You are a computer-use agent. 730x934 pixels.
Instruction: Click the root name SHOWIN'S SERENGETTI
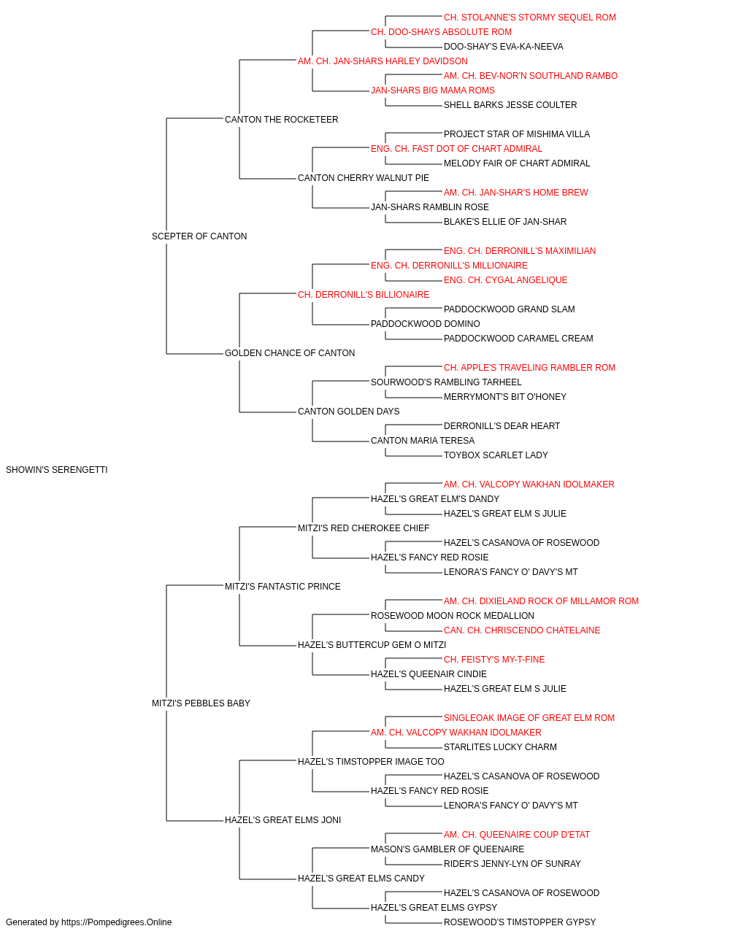57,470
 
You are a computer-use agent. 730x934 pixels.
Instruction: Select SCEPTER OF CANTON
199,236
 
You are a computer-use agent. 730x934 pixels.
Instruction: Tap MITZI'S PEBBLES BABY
201,703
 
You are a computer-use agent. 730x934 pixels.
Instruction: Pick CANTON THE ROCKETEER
281,120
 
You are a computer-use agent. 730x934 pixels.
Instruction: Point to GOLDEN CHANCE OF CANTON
290,353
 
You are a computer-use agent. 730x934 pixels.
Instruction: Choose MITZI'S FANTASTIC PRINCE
283,586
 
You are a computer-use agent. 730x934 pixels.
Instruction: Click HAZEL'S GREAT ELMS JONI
283,819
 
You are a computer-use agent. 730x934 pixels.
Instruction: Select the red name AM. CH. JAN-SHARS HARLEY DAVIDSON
383,61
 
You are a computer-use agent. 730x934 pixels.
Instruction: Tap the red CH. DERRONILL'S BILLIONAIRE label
364,294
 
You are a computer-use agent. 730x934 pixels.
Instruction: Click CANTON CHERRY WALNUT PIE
364,178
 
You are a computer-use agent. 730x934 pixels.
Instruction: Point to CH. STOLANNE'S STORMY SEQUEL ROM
530,18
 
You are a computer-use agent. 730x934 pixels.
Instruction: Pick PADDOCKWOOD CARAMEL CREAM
518,339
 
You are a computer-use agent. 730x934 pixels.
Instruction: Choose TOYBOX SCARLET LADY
496,455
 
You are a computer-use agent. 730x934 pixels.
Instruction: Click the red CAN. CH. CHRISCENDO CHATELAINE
522,630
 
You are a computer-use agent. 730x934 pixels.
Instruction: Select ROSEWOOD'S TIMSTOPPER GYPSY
520,922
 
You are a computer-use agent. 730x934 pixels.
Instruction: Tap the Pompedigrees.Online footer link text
116,922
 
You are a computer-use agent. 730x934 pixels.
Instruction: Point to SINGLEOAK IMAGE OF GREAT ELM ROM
529,718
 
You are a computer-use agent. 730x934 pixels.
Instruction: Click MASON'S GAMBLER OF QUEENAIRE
447,849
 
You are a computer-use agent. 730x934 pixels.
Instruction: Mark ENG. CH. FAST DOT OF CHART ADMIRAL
456,149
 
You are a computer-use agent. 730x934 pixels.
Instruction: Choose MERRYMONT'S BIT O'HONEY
505,397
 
